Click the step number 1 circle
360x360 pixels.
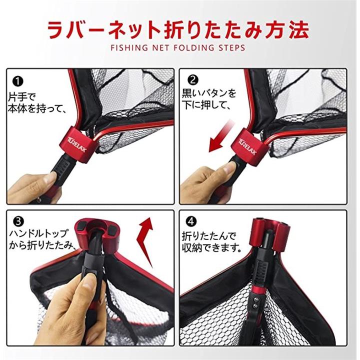(x=17, y=81)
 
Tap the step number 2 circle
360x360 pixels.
(x=193, y=80)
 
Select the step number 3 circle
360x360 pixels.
(x=19, y=222)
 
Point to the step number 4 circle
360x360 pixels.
(x=191, y=221)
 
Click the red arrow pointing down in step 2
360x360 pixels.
(x=220, y=138)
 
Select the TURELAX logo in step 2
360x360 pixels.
(x=247, y=146)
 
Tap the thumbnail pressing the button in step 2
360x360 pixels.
(x=230, y=168)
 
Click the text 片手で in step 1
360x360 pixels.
(x=22, y=97)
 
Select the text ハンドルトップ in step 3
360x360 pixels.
(x=38, y=233)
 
